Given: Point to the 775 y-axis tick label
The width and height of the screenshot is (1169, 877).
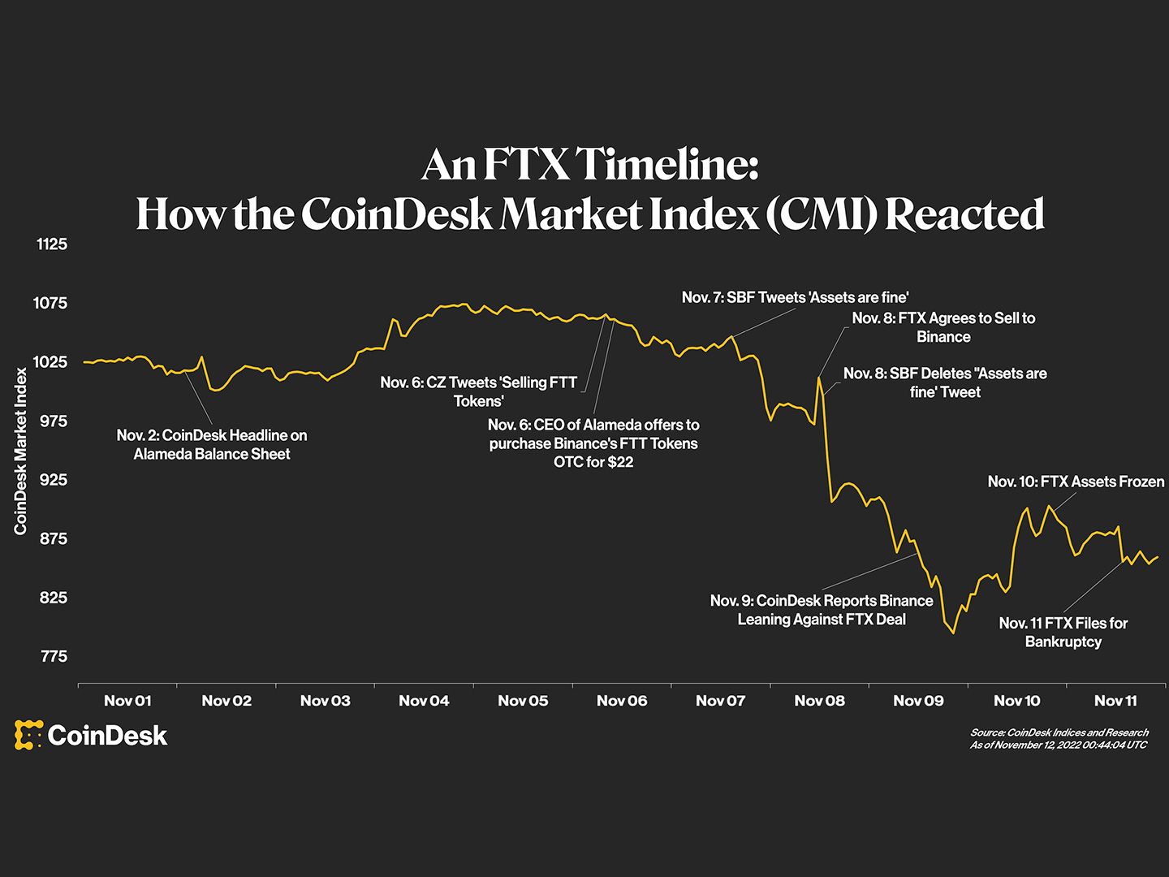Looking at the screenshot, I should coord(54,656).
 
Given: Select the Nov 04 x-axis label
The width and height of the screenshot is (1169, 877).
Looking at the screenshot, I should coord(424,701).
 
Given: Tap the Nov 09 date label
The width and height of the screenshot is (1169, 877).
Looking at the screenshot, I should coord(918,701).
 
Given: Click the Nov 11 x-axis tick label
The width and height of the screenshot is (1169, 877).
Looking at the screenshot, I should coord(1115,701).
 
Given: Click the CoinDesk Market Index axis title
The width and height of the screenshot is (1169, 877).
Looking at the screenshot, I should coord(21,451).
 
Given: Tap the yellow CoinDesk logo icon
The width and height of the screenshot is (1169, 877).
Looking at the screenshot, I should coord(28,735).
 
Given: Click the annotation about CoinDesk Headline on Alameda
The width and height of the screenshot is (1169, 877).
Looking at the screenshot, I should coord(212,444).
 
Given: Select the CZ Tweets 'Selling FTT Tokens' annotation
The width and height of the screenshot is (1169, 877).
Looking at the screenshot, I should coord(479,391).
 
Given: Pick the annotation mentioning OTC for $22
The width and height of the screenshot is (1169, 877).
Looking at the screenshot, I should coord(593,443).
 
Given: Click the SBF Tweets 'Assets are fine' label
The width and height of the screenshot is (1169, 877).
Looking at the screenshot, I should coord(795,297).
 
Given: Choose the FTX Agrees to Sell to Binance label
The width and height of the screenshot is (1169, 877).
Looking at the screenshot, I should coord(943,327).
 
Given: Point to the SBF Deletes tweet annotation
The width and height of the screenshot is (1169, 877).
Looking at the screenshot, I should coord(945,382).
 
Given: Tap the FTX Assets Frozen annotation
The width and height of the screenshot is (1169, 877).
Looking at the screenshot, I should coord(1076,482).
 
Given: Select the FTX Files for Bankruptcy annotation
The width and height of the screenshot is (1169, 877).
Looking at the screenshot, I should coord(1063,632).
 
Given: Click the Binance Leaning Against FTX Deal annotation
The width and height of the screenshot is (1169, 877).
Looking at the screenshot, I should coord(822,610).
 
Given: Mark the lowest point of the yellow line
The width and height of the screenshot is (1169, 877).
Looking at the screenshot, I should coord(953,633).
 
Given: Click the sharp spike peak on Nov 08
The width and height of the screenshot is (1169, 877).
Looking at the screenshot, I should coord(819,378).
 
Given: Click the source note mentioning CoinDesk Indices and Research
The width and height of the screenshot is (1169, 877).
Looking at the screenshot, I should coord(1059,732).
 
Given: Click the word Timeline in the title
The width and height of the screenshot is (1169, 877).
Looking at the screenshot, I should coord(668,165).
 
